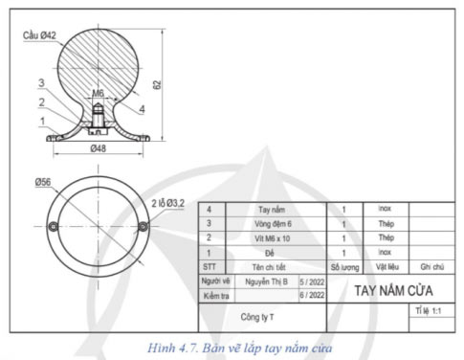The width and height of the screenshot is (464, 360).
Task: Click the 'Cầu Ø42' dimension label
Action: pos(40,34)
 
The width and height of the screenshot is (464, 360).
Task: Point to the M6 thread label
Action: pos(98,94)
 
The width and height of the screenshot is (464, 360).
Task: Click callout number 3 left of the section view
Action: pos(41,83)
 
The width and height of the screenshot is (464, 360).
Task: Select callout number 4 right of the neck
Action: pos(141,109)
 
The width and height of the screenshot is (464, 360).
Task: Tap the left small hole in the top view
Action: pos(55,226)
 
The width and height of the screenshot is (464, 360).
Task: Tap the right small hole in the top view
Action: pos(143,226)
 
